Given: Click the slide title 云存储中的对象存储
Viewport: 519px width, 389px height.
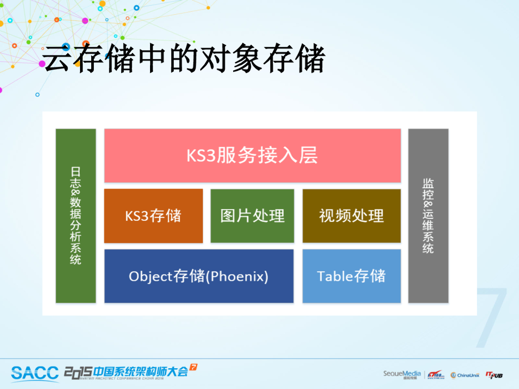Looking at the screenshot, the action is tap(184, 60).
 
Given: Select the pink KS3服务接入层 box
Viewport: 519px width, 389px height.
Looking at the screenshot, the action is tap(252, 155).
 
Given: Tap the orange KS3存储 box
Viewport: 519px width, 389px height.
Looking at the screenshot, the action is tap(153, 216).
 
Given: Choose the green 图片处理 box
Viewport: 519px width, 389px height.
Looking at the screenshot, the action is tap(252, 216).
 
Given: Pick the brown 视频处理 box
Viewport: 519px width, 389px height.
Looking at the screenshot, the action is tap(351, 216).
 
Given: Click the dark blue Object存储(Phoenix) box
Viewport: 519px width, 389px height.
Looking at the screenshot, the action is tap(199, 276).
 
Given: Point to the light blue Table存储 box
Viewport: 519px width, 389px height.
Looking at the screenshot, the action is tap(351, 276).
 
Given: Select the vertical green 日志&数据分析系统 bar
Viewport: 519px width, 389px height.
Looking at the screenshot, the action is tap(76, 216).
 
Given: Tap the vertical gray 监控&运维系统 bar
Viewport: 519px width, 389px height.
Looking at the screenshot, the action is tap(428, 216).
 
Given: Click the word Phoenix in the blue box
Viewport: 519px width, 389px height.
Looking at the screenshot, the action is tap(238, 277).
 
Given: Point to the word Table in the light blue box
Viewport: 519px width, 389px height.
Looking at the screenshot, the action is tap(335, 276).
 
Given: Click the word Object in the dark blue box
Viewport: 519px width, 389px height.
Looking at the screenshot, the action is tap(151, 277).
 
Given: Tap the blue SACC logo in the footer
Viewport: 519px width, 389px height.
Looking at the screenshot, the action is tap(35, 373).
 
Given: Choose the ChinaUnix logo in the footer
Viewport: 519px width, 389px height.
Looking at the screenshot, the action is tap(465, 375).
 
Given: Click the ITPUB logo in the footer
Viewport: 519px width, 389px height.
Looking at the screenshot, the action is tap(494, 375).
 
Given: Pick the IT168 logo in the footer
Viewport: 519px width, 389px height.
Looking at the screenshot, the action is tap(435, 375).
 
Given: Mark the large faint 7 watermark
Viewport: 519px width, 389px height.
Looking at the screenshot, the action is tap(491, 317).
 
